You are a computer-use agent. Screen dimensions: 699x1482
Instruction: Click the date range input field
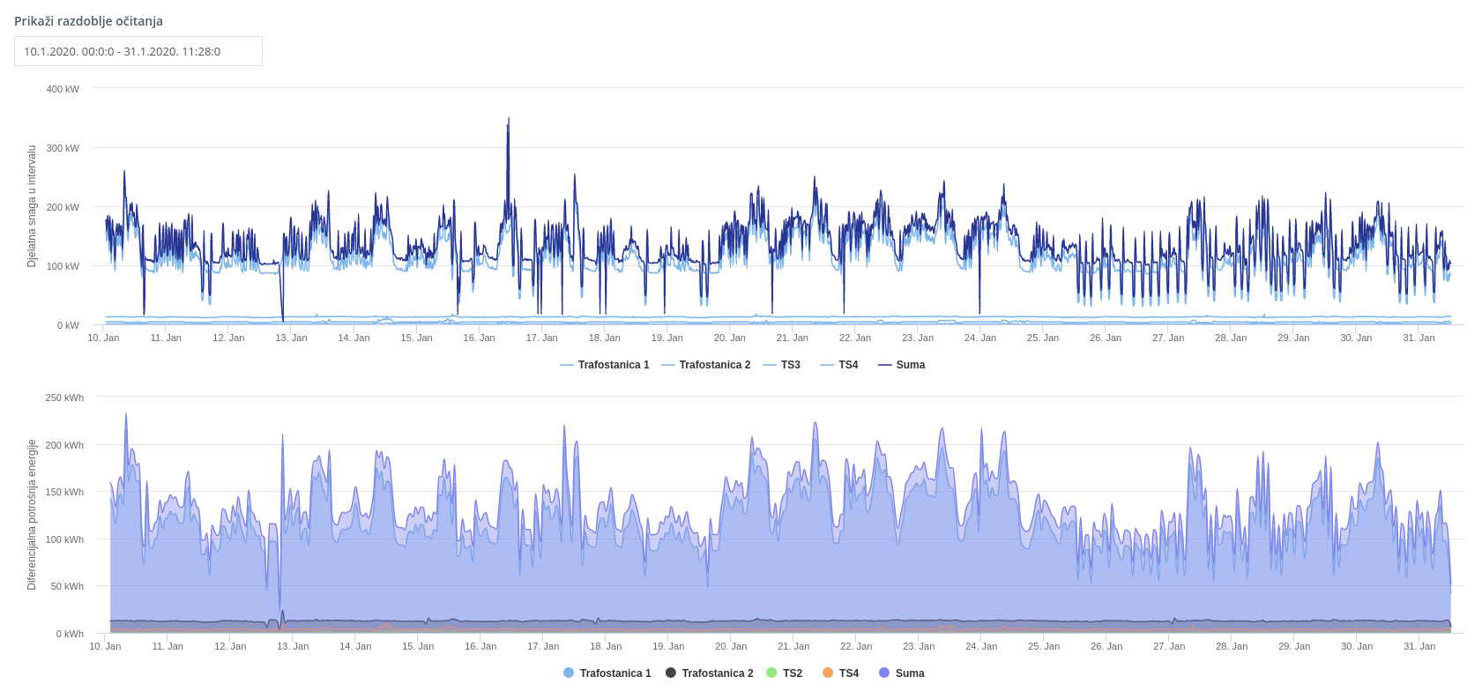(x=138, y=51)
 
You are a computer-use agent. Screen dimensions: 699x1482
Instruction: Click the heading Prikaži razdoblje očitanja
(x=88, y=21)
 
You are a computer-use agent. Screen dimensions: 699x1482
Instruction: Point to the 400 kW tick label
(x=63, y=89)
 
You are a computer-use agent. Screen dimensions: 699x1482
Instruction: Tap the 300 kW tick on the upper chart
(x=63, y=148)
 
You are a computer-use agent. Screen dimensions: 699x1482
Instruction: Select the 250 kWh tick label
(x=64, y=398)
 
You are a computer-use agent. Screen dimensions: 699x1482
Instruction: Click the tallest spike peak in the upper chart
(x=509, y=119)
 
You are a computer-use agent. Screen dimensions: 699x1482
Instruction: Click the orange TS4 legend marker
(x=828, y=673)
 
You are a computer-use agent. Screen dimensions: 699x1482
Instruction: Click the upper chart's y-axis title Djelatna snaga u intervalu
(x=32, y=206)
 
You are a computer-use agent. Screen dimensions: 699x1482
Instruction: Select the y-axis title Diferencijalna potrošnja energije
(x=32, y=515)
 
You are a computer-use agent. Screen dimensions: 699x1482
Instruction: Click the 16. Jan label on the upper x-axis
(x=479, y=338)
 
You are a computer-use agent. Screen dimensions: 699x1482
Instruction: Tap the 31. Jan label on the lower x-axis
(x=1419, y=646)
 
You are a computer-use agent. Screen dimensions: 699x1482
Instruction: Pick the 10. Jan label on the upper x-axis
(x=103, y=338)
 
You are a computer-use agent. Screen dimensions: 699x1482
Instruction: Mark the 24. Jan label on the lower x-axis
(x=981, y=646)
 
